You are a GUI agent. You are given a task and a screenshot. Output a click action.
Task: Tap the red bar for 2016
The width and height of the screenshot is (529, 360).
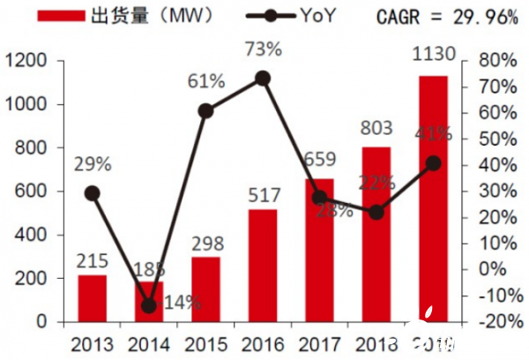click(263, 266)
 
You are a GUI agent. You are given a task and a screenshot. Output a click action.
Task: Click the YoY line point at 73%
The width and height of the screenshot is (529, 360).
click(263, 79)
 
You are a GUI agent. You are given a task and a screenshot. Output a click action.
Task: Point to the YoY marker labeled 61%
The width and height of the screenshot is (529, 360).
click(205, 110)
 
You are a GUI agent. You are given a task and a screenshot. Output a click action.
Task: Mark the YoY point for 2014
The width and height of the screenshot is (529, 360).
click(148, 306)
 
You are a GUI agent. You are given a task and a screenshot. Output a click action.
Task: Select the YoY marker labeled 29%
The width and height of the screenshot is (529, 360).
click(92, 193)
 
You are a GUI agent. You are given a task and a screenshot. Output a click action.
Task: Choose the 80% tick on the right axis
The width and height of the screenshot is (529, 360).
click(495, 61)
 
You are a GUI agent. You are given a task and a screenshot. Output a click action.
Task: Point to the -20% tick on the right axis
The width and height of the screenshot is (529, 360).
click(492, 322)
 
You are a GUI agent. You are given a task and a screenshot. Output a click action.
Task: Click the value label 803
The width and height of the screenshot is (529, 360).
click(376, 129)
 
